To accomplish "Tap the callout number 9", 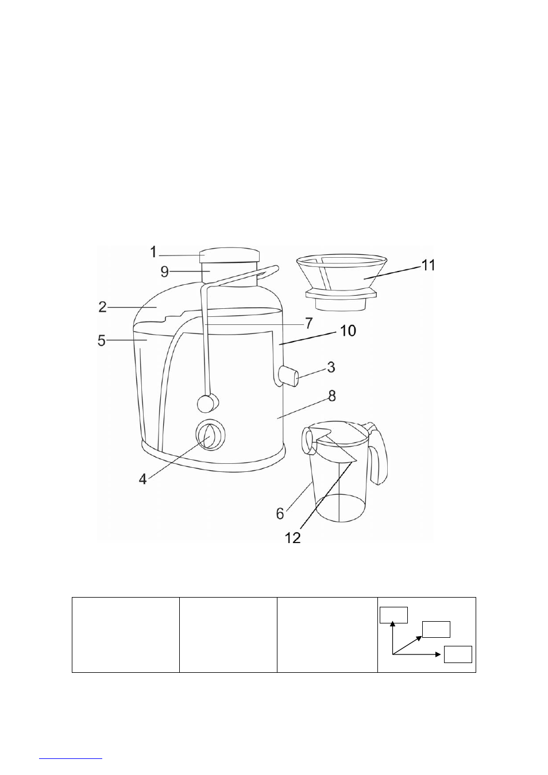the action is click(165, 272).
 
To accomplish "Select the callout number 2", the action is click(103, 307).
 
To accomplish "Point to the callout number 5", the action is click(102, 340).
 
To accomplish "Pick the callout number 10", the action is click(348, 331).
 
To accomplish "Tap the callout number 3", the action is click(331, 367).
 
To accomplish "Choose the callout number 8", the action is click(332, 396).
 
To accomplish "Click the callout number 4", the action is click(142, 479).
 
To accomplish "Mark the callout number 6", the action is click(280, 513).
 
